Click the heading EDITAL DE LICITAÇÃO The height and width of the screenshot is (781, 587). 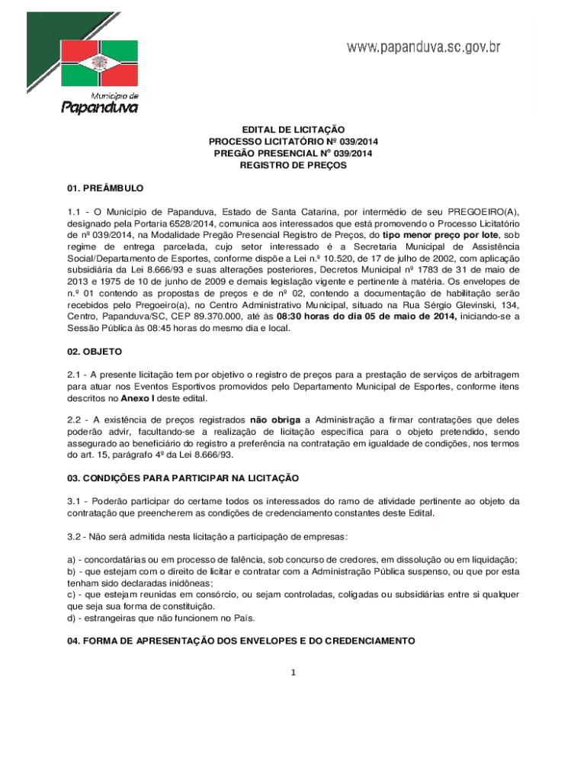(293, 130)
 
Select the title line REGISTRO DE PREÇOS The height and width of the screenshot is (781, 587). (293, 165)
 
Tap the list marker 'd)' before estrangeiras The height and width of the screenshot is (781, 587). (72, 618)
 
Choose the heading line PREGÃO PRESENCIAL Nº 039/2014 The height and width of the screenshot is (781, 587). (293, 153)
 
